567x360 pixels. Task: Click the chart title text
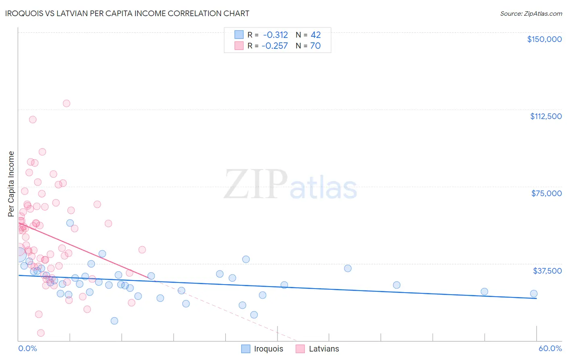click(x=127, y=13)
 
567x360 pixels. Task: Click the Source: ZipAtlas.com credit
click(x=531, y=13)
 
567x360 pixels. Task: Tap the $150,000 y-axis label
click(x=544, y=39)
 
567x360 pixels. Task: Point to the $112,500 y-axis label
click(x=546, y=116)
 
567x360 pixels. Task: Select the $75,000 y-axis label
click(x=546, y=193)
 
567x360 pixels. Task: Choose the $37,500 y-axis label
click(x=547, y=271)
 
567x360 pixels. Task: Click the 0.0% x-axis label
click(x=27, y=348)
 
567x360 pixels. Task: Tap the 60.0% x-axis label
click(x=550, y=348)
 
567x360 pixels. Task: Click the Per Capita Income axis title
click(x=11, y=184)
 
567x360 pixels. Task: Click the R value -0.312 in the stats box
click(x=275, y=35)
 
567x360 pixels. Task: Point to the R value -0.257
click(x=275, y=46)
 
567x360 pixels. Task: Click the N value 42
click(x=315, y=35)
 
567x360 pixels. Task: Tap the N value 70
click(x=315, y=46)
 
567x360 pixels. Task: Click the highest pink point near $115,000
click(x=67, y=103)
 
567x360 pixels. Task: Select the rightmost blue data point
click(x=534, y=294)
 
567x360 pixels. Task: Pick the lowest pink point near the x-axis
click(x=41, y=333)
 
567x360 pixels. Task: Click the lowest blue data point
click(x=115, y=321)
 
